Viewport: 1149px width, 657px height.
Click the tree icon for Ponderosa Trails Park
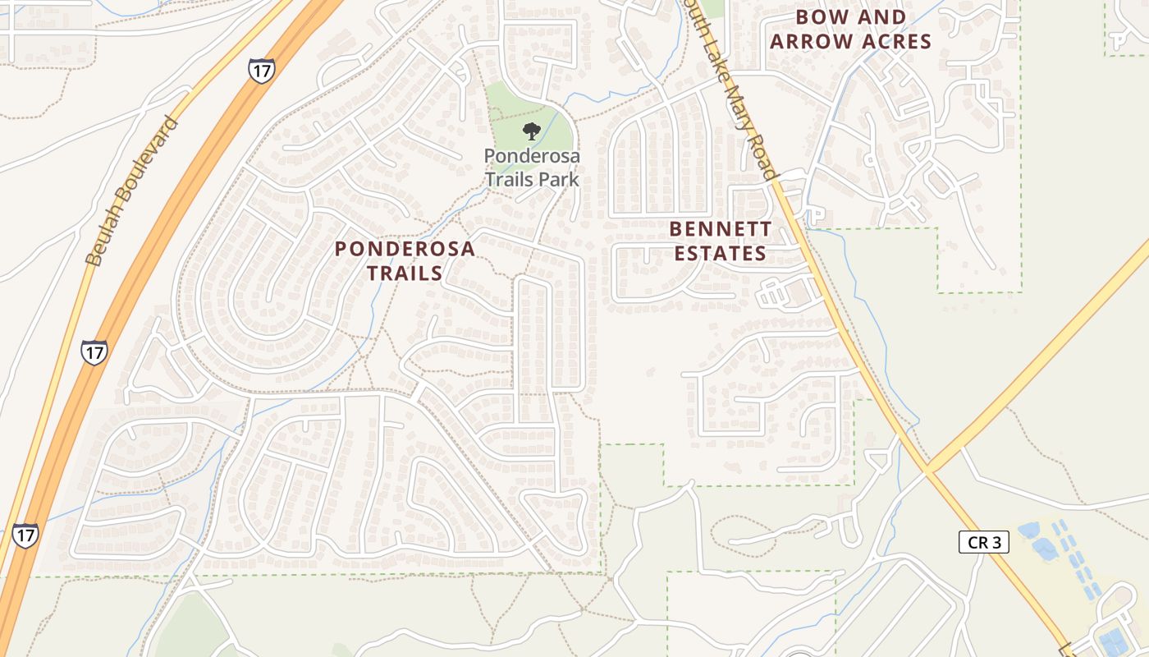532,130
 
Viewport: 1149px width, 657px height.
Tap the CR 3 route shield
983,542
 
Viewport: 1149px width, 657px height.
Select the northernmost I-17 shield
261,71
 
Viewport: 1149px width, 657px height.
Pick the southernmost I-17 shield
25,535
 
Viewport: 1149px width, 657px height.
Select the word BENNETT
721,228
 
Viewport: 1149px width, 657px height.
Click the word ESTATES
721,253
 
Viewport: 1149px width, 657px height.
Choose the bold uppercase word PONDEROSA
405,249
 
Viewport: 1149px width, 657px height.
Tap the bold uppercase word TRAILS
405,273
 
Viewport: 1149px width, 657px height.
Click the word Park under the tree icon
558,179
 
